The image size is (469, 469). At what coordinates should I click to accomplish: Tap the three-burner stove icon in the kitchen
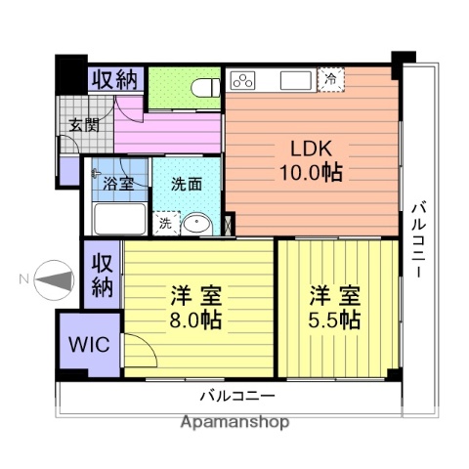point(242,79)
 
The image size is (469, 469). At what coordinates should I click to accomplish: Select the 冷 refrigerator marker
point(333,79)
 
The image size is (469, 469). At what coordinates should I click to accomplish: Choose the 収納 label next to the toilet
point(116,79)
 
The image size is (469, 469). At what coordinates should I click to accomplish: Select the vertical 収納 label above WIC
point(102,275)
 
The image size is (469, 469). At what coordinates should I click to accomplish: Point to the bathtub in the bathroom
point(115,217)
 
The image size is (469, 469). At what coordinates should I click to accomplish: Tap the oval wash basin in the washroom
point(197,223)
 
